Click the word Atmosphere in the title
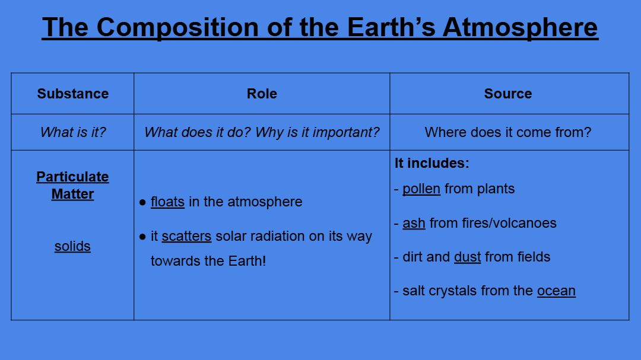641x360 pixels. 520,27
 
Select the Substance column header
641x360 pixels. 73,94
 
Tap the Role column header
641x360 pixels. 262,94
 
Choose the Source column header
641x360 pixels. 508,94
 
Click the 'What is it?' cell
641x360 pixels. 73,132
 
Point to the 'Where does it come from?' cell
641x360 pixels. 508,132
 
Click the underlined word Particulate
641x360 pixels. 73,177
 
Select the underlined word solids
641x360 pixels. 73,246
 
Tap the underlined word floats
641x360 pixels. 167,202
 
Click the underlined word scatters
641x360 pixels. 186,236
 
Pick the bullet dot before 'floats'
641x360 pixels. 142,202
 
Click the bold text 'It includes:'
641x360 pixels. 431,163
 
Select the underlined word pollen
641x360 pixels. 421,189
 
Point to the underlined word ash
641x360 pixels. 414,223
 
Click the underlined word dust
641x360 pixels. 467,257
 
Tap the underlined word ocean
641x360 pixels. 556,291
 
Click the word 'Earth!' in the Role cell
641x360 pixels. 247,261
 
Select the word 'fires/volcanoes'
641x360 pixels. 509,223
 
